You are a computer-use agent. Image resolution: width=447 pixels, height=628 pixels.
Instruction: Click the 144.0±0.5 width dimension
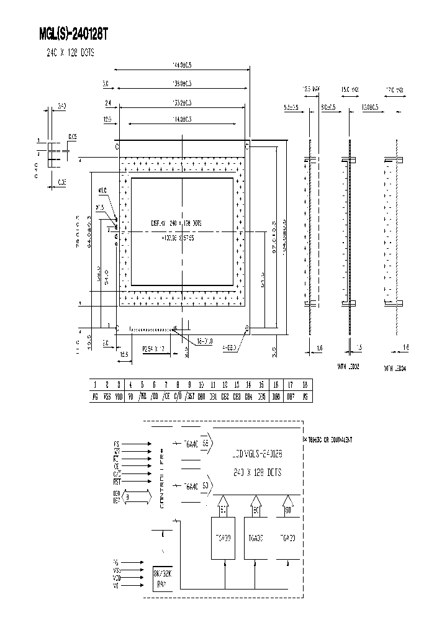[x=181, y=65]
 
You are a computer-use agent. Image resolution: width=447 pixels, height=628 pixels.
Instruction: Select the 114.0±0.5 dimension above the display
[x=181, y=119]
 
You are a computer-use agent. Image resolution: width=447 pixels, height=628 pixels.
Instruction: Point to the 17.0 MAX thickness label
[x=395, y=89]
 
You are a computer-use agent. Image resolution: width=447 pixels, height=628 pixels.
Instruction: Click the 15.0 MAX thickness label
[x=351, y=89]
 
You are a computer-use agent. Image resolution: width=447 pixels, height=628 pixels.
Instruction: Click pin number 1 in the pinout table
[x=95, y=385]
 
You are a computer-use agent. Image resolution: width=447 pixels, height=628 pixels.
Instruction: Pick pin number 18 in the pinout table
[x=304, y=385]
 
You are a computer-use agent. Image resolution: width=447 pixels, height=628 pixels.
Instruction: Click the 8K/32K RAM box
[x=165, y=576]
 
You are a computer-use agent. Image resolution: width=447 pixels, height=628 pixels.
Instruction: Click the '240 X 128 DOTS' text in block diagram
[x=256, y=472]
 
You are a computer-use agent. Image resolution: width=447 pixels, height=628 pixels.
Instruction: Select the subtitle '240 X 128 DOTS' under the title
[x=70, y=53]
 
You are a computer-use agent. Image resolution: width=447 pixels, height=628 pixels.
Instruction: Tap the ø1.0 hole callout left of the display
[x=102, y=191]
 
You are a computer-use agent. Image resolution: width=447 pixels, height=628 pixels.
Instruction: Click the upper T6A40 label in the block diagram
[x=191, y=444]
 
